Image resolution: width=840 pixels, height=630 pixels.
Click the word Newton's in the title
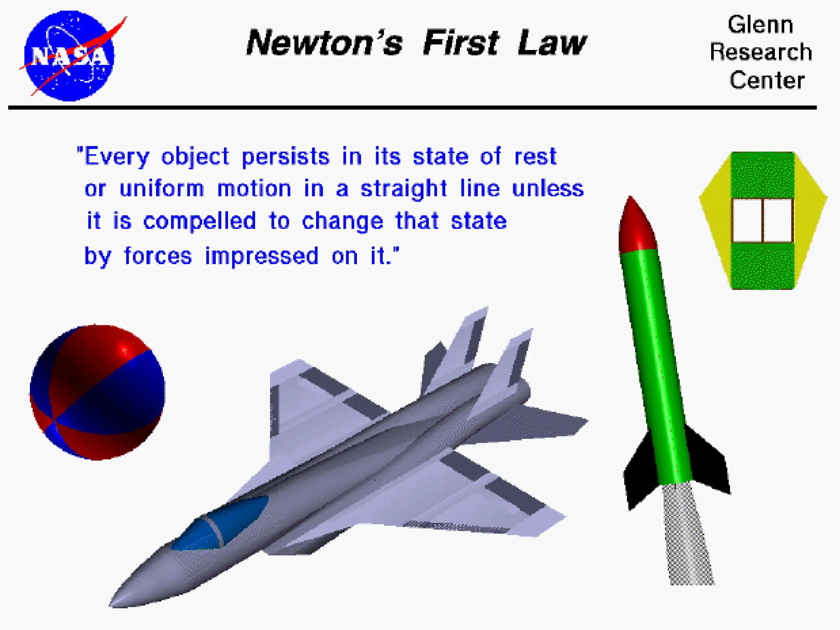click(x=324, y=43)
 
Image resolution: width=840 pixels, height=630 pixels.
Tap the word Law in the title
click(x=552, y=43)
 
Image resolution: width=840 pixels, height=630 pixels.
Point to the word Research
click(x=761, y=52)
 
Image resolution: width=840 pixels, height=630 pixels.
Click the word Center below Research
click(x=767, y=80)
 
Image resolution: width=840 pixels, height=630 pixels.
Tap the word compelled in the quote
click(x=200, y=221)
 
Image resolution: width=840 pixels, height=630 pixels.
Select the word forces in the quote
click(x=158, y=256)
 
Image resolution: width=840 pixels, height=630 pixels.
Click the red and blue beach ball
click(x=97, y=393)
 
